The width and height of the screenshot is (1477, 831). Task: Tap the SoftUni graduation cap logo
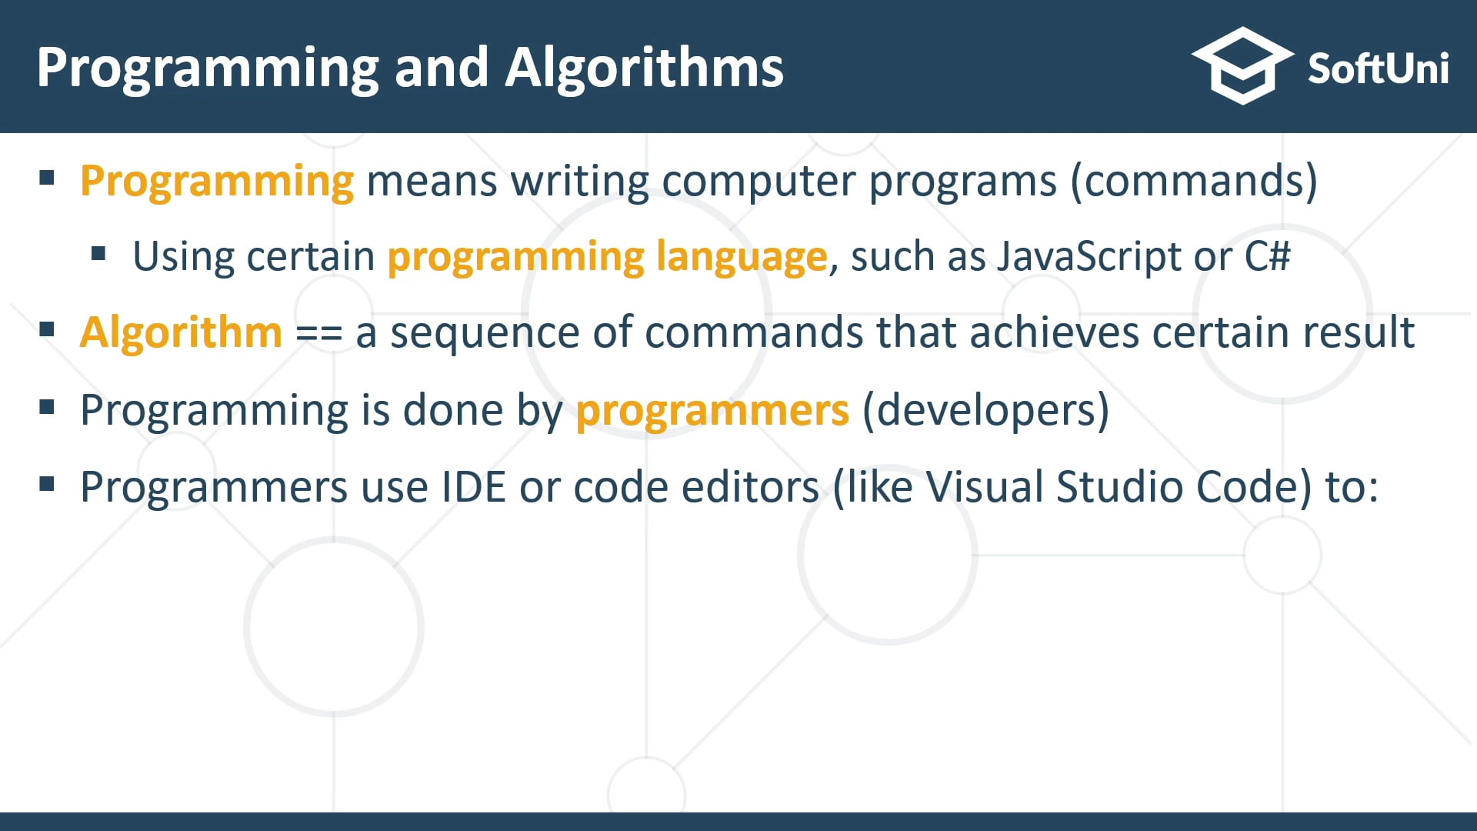(1242, 66)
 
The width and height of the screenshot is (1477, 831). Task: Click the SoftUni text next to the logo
(1378, 69)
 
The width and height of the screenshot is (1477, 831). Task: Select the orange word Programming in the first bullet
(217, 182)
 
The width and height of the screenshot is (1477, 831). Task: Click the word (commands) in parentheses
(1194, 182)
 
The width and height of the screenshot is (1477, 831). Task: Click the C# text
(1267, 256)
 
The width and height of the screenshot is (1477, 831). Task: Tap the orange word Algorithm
(182, 332)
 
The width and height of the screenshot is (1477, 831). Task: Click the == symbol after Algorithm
(318, 334)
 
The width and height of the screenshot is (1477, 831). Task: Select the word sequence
(484, 333)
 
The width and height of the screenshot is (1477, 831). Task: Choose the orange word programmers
(712, 410)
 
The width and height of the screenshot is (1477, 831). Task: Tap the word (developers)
(985, 410)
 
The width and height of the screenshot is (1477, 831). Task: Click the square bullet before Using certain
(98, 253)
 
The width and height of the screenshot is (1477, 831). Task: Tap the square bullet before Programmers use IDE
(47, 484)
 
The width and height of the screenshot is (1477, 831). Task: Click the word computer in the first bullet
(759, 182)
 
